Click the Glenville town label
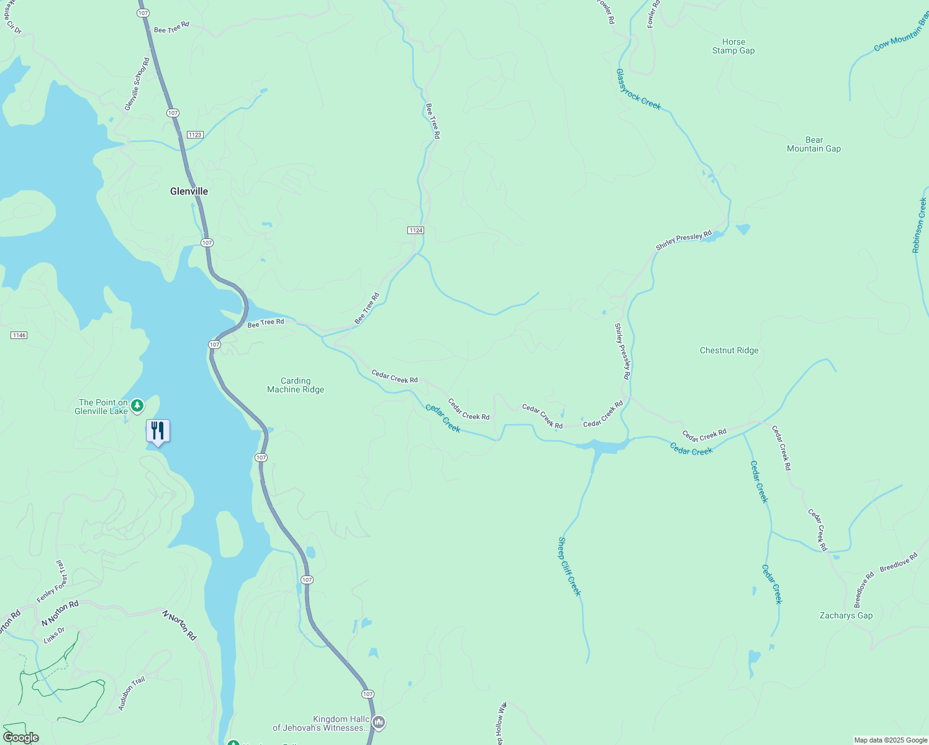coord(189,191)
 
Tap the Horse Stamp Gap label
coord(733,47)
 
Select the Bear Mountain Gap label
coord(813,145)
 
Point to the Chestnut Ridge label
coord(729,351)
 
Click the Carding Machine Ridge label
coord(296,386)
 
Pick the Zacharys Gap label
coord(846,616)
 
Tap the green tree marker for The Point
coord(137,406)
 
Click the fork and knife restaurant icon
coord(158,431)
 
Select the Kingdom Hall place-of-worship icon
coord(379,723)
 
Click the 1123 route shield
coord(194,135)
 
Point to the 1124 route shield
coord(415,230)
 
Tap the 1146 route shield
coord(19,335)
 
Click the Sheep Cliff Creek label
coord(569,567)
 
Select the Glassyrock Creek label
coord(638,89)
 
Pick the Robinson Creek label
coord(919,225)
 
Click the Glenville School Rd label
coord(137,84)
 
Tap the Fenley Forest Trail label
coord(52,582)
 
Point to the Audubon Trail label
coord(132,693)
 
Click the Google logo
coord(20,738)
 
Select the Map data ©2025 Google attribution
coord(890,740)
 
